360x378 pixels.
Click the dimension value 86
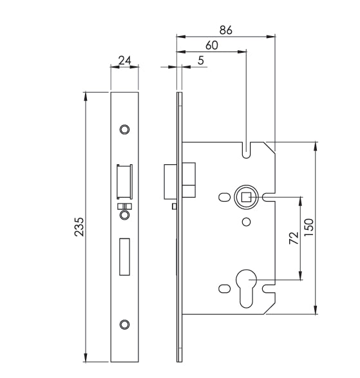coord(225,30)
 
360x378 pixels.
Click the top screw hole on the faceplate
coord(125,128)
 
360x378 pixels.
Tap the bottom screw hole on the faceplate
coord(125,323)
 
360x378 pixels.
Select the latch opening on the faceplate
coord(124,182)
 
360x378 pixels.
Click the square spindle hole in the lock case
coord(246,196)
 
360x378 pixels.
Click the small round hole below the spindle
coord(245,222)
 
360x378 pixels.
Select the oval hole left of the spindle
coord(223,196)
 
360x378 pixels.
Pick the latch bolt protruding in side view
coord(170,181)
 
